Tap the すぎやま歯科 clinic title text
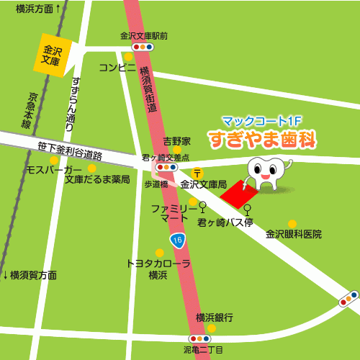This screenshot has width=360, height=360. click(x=264, y=139)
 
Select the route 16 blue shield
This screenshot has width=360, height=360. click(x=176, y=238)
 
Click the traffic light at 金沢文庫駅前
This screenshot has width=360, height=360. click(x=143, y=47)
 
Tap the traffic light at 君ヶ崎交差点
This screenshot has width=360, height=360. click(x=167, y=168)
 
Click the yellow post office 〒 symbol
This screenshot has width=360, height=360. click(x=199, y=173)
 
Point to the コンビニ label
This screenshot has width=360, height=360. click(x=117, y=68)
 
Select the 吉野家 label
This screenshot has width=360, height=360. click(x=176, y=140)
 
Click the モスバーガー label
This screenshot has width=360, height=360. click(x=54, y=170)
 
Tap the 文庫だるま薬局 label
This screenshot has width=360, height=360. click(x=97, y=179)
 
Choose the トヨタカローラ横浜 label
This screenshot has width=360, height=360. click(x=158, y=269)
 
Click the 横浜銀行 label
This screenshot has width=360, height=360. click(x=214, y=318)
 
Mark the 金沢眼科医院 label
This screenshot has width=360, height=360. click(x=294, y=235)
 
